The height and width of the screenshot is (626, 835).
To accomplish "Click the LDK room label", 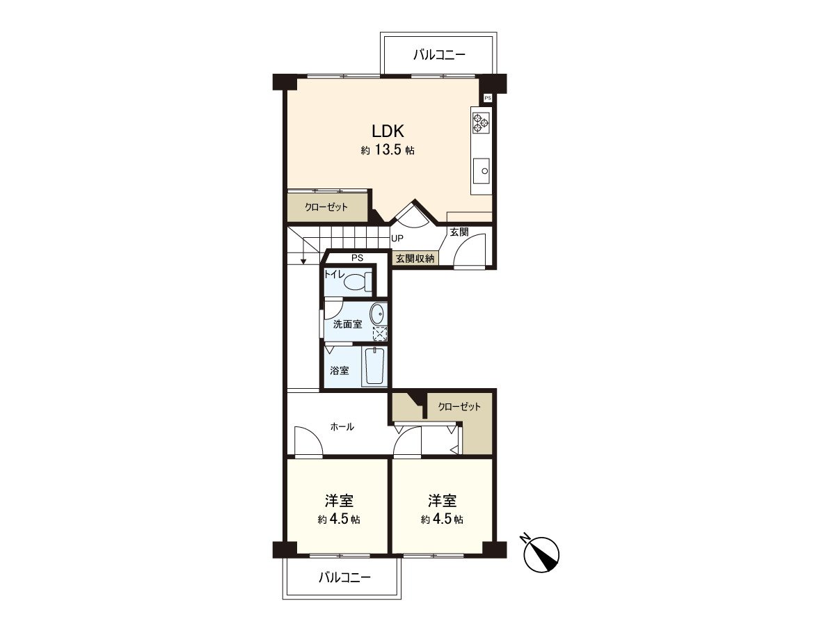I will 388,131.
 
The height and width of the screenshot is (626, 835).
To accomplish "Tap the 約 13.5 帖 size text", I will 388,150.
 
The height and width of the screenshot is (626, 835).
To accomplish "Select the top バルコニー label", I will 438,54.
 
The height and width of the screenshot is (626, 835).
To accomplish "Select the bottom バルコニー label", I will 344,577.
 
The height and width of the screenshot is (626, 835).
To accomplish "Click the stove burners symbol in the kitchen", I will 481,123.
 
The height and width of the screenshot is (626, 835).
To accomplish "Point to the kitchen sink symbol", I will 482,170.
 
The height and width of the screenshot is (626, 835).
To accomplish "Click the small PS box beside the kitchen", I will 487,98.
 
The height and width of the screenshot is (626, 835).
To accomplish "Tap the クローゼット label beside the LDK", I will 326,207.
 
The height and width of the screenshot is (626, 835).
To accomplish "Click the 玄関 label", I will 459,232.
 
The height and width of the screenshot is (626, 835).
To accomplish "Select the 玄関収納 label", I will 415,258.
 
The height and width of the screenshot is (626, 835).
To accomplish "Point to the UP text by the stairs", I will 397,239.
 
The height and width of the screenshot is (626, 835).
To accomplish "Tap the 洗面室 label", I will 347,324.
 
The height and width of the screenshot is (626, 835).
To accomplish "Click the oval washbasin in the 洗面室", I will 377,314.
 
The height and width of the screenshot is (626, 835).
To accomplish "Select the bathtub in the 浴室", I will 374,366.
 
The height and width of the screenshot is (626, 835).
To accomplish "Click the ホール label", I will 342,426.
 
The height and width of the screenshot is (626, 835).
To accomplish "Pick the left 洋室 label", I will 339,501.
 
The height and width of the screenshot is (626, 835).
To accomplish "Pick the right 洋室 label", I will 442,501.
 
